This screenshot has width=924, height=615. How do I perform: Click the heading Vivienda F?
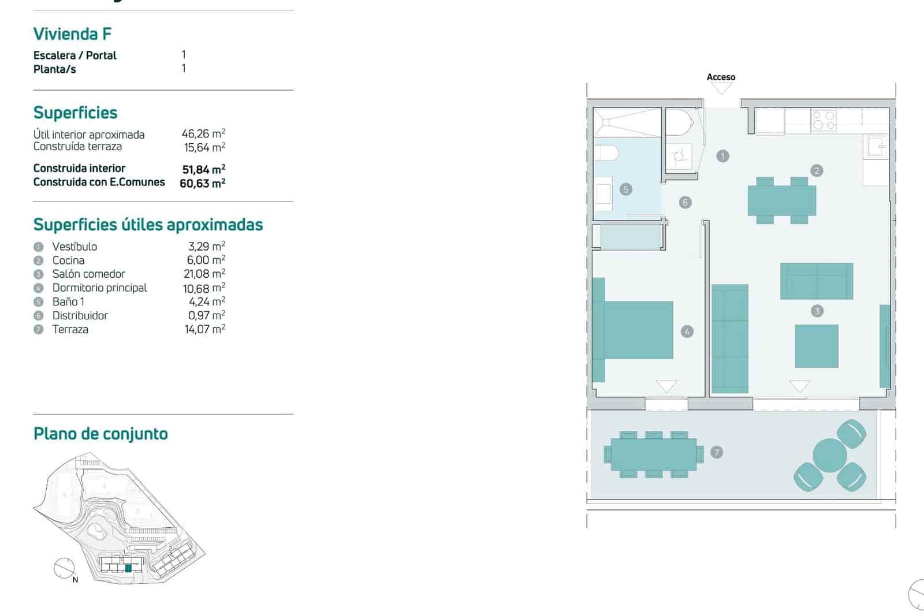click(72, 34)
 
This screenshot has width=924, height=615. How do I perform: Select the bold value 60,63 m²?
click(202, 183)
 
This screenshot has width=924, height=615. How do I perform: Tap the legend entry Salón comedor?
click(88, 274)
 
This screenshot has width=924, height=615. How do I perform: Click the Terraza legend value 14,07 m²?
click(204, 329)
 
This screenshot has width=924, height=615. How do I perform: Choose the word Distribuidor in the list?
click(80, 315)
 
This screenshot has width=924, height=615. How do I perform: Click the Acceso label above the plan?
click(721, 77)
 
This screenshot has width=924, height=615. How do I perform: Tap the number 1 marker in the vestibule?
click(722, 156)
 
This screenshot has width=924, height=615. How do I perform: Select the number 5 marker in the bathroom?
click(625, 189)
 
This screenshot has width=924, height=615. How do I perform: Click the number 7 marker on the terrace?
click(717, 452)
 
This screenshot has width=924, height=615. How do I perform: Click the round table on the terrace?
click(829, 456)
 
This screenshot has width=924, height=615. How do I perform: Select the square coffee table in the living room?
click(816, 346)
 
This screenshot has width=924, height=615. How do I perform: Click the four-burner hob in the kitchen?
click(824, 120)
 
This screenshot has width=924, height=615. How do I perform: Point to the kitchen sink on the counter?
click(875, 147)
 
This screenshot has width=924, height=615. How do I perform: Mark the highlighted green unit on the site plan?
click(128, 568)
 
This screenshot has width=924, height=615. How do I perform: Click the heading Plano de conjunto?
click(100, 434)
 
